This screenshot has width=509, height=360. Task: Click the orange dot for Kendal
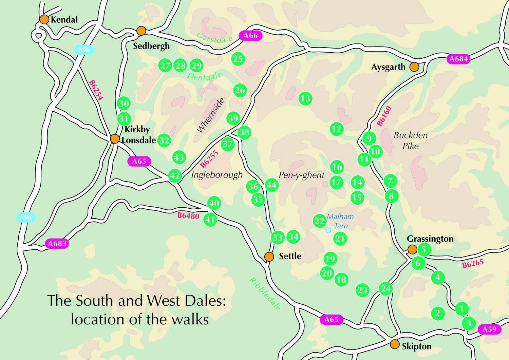(x=44, y=19)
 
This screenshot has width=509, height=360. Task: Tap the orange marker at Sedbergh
(x=141, y=31)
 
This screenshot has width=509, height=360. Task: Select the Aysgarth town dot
(x=414, y=67)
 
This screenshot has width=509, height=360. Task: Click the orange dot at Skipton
(x=394, y=344)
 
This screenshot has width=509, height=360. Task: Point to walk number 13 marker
(x=305, y=98)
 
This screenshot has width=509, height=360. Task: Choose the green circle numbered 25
(x=238, y=59)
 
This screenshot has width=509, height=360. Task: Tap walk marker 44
(x=271, y=185)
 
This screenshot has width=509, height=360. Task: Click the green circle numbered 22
(x=319, y=221)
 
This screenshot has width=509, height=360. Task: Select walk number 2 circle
(x=438, y=313)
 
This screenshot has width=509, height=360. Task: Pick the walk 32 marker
(x=164, y=140)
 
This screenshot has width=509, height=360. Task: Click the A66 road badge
(x=251, y=35)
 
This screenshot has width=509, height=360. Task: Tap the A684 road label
(x=459, y=59)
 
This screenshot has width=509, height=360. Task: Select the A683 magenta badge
(x=57, y=243)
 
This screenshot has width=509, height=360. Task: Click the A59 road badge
(x=489, y=329)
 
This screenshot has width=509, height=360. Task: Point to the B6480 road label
(x=188, y=215)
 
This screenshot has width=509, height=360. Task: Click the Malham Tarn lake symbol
(x=327, y=230)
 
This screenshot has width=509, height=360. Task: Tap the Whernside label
(x=211, y=115)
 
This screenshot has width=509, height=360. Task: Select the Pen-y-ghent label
(x=301, y=175)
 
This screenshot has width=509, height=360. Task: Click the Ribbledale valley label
(x=265, y=294)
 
